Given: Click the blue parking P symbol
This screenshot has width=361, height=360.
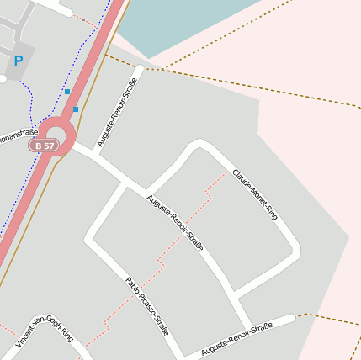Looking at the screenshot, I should click(x=18, y=61).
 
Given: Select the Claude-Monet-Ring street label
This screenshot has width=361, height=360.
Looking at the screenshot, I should click(x=255, y=194).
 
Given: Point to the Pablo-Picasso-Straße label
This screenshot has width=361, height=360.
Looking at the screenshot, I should click(x=146, y=307).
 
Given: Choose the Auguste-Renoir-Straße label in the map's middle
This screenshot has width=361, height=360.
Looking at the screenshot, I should click(x=175, y=223).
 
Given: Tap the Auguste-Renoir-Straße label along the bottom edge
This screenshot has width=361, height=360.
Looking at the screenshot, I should click(x=237, y=338).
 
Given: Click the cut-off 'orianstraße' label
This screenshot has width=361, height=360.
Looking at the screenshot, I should click(x=19, y=133).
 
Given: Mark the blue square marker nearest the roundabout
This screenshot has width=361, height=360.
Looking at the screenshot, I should click(x=76, y=109).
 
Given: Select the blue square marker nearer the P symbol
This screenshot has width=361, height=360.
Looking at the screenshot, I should click(x=66, y=91).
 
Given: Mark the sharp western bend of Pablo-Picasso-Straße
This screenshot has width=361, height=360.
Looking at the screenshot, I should click(x=88, y=241).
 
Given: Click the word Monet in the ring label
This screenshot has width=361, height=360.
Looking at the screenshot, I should click(x=255, y=193).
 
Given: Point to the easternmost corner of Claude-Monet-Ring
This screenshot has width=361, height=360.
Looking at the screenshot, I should click(x=297, y=251).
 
